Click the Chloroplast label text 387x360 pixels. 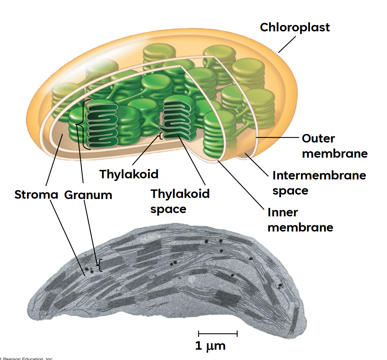pos(295,27)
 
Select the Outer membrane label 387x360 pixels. pos(335,146)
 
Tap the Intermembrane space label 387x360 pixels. pos(319,183)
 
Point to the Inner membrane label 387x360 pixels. pos(300,220)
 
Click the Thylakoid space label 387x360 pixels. pos(180,201)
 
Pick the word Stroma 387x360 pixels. pos(36,195)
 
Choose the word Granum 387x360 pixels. pos(88,195)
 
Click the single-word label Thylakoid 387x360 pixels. pos(129,174)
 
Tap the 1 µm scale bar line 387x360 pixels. pos(218,334)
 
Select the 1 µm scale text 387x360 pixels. pos(210,346)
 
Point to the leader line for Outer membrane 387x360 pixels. pos(277,137)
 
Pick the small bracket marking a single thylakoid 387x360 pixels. pos(161,136)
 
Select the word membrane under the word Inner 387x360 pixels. pos(300,227)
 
